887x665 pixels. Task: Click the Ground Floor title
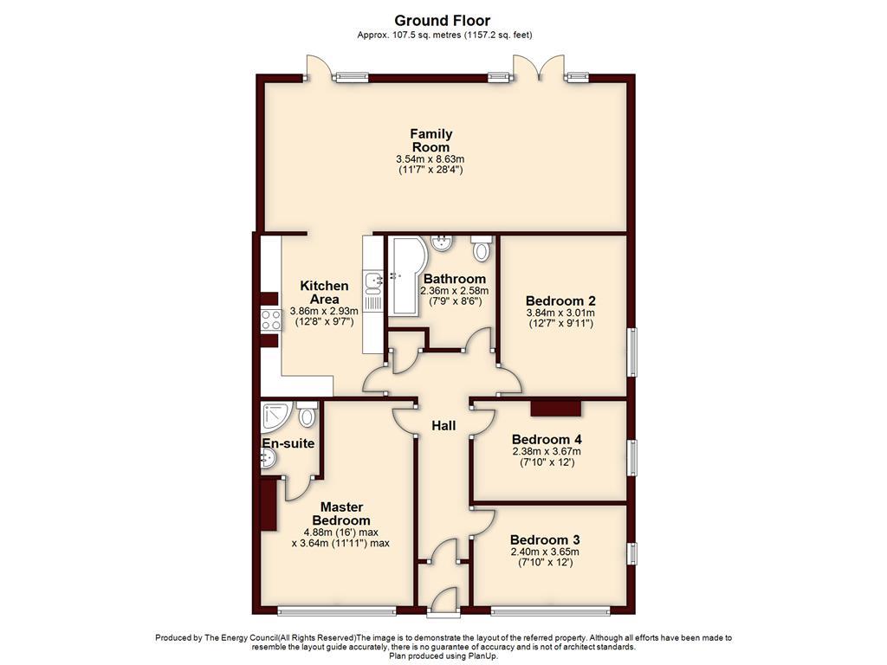443,20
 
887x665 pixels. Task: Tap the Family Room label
431,140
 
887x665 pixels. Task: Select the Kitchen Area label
324,292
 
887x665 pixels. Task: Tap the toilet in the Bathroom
482,249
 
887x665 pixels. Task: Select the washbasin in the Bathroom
441,242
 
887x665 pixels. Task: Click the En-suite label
288,443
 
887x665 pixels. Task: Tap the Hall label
443,426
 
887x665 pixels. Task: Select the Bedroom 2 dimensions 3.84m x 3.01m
561,313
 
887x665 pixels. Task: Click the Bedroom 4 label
546,439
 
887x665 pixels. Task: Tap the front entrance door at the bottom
443,600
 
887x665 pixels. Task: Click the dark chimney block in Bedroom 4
555,409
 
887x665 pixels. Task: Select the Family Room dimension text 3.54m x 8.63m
431,159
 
